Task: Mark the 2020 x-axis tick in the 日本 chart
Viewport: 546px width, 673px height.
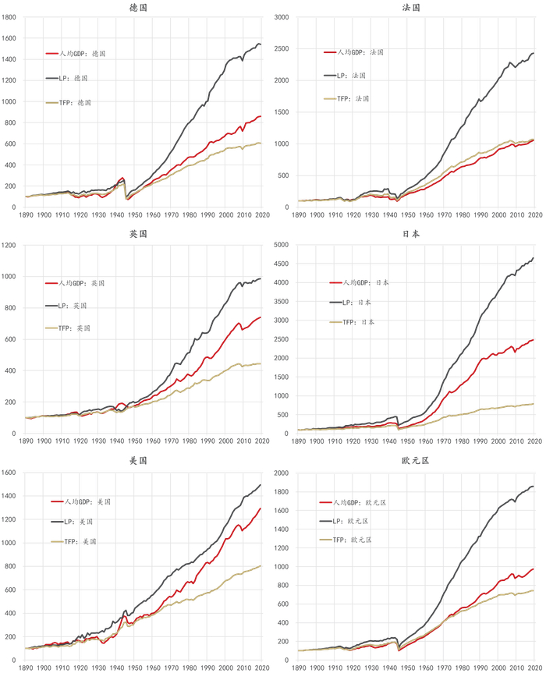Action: coord(534,441)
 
